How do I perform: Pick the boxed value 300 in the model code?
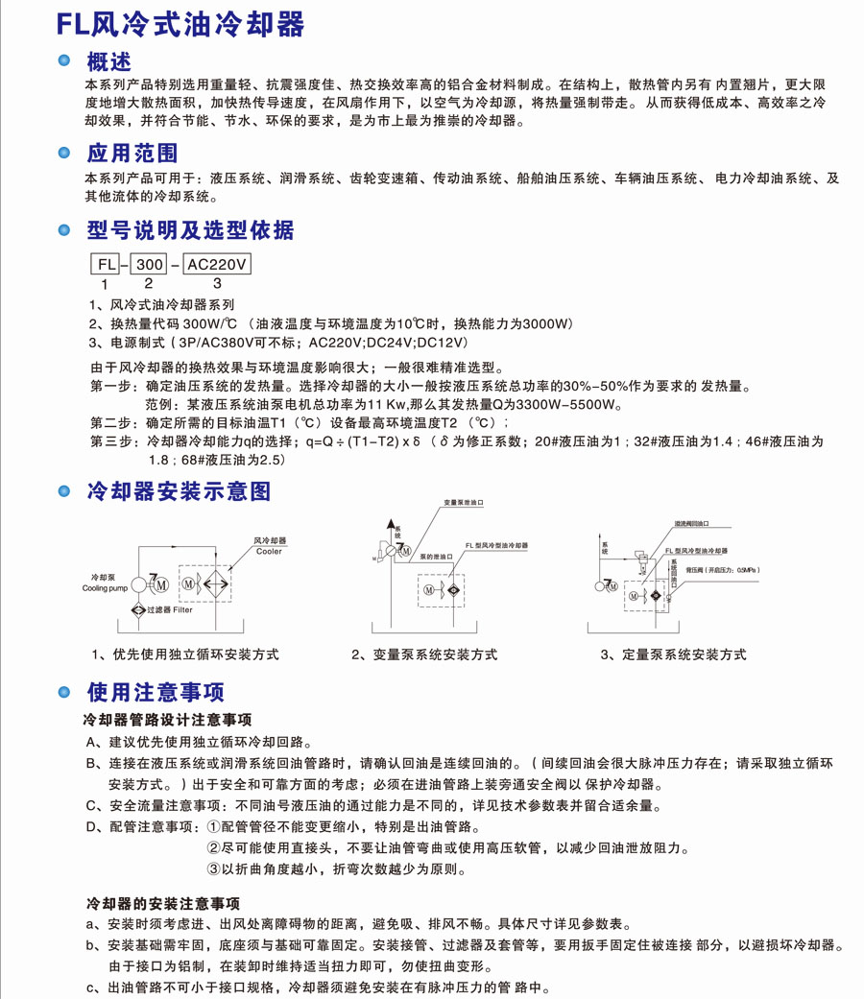148,263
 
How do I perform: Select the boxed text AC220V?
216,263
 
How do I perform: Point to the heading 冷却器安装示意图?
179,492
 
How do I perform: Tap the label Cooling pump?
105,588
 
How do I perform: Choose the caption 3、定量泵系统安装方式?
673,654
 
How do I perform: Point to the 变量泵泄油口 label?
464,503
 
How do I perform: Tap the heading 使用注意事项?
156,693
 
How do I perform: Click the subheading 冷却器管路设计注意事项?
168,719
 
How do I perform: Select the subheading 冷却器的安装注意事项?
162,903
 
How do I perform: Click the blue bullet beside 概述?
64,61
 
